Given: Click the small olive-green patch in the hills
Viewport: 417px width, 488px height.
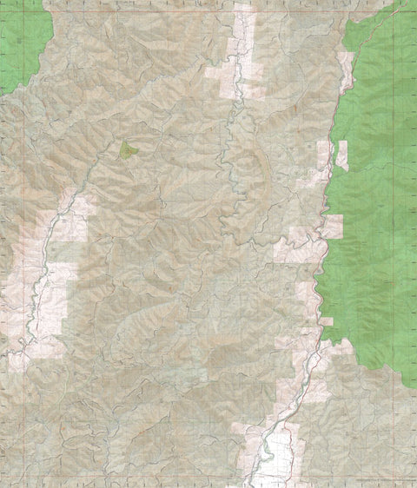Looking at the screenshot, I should (x=129, y=151).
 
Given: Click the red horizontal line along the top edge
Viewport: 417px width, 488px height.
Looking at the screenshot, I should (x=208, y=3).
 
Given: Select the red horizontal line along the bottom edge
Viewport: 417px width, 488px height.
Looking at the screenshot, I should (x=208, y=485).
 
